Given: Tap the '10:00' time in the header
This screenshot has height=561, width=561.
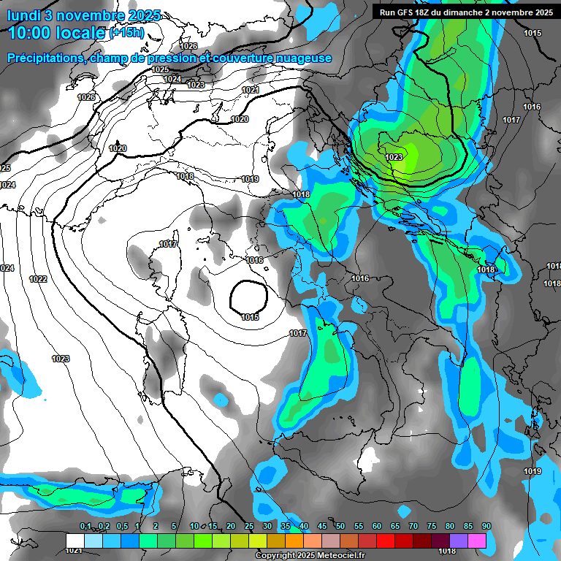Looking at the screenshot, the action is point(32,33).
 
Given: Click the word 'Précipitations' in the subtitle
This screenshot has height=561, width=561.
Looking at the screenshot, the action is point(44,58).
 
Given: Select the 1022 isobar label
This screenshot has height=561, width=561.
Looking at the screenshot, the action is point(39,279).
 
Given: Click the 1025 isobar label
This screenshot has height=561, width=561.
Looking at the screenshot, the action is point(161,69).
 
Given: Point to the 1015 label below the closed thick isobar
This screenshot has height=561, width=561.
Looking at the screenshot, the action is point(250,317).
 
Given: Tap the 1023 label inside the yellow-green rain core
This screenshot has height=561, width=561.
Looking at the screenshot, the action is point(394,157).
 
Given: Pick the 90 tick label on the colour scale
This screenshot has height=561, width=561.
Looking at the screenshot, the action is point(486,527).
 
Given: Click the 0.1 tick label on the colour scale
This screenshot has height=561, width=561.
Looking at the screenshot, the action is point(85,527).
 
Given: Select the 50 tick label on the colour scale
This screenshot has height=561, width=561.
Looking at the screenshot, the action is point(340,527).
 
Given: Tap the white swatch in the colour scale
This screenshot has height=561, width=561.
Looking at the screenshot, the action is point(75,541).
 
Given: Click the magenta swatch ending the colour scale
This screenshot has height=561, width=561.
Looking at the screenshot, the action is point(477,541).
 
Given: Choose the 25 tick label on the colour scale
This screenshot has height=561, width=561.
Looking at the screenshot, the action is point(248,527).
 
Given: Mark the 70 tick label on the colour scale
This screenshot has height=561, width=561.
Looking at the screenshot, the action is point(413,527).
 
